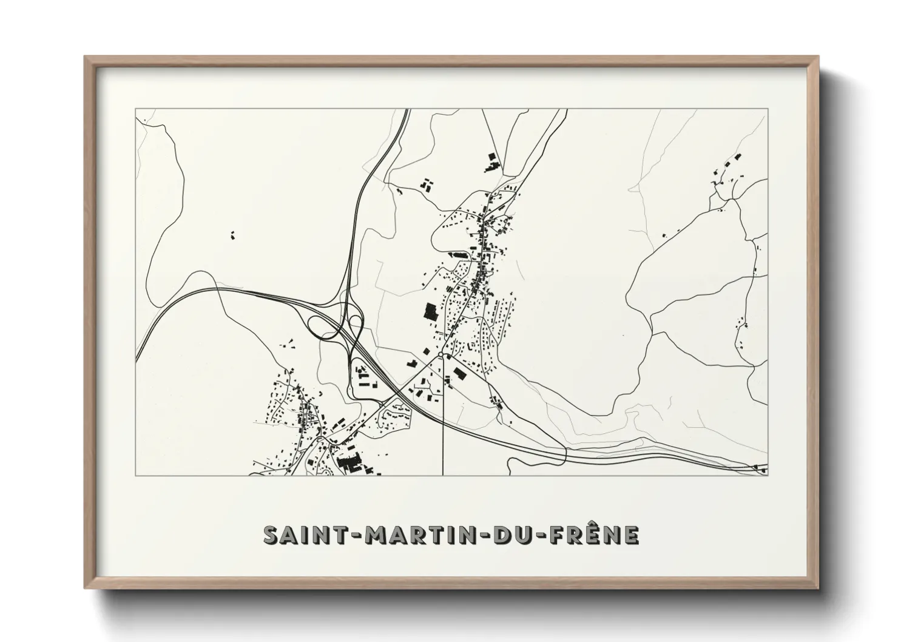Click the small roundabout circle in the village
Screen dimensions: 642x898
coord(441,354)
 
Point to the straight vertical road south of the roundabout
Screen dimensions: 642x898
coord(444,419)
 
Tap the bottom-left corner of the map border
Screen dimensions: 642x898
coord(136,475)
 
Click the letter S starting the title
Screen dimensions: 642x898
coord(271,535)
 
